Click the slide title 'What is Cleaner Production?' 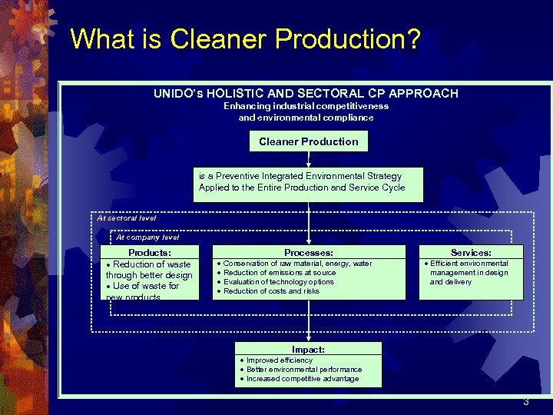pos(245,39)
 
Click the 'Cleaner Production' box pos(309,141)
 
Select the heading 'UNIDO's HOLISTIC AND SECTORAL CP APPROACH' pos(306,94)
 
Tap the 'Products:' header pos(150,252)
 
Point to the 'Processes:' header pos(309,252)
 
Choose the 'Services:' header pos(471,252)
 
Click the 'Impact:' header pos(308,350)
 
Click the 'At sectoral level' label pos(126,218)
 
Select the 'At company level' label pos(147,237)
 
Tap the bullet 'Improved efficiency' pos(279,360)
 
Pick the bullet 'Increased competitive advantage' pos(303,379)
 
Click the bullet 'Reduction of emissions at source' pos(280,273)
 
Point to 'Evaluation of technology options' pos(279,282)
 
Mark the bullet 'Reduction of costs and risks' pos(271,291)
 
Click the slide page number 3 pos(526,402)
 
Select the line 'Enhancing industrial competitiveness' pos(306,106)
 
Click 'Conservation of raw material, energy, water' pos(297,264)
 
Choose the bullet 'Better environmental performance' pos(303,370)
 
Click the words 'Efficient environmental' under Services pos(469,264)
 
